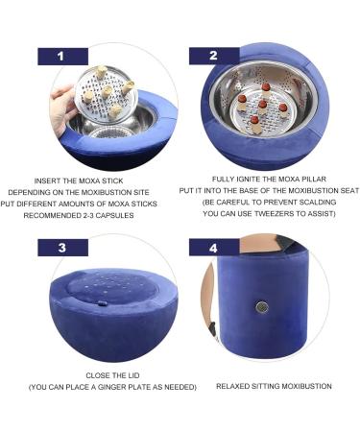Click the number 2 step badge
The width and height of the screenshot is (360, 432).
tap(214, 56)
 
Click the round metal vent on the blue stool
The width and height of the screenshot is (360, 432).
tap(259, 309)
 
